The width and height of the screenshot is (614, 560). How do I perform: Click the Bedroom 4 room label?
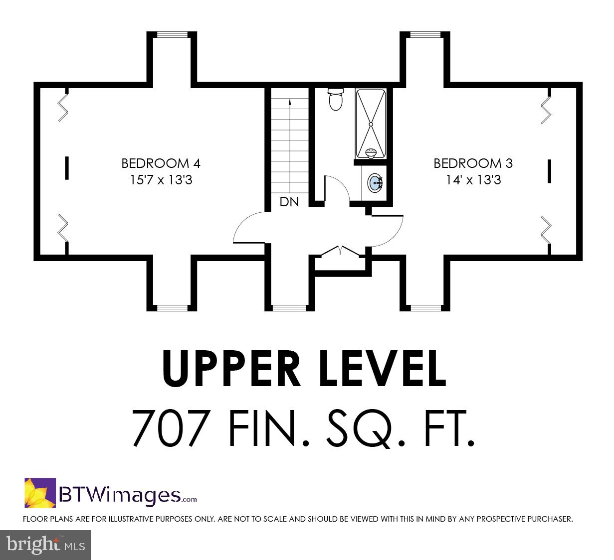(x=161, y=163)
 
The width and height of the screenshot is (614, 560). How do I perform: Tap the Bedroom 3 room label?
(x=473, y=163)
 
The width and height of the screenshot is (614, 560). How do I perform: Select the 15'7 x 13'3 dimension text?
(x=161, y=180)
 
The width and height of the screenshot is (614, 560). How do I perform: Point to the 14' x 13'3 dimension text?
(x=473, y=180)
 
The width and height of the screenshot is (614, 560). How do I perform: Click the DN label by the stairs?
(x=289, y=202)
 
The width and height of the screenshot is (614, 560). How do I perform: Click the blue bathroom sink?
(x=375, y=182)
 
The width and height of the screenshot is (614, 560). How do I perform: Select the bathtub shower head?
(x=371, y=153)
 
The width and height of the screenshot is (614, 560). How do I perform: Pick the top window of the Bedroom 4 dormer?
(x=172, y=34)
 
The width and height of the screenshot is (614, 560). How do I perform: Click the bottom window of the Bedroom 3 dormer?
(x=425, y=308)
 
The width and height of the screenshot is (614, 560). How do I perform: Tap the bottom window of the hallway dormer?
(x=289, y=308)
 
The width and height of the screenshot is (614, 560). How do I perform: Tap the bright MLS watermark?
(x=45, y=545)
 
